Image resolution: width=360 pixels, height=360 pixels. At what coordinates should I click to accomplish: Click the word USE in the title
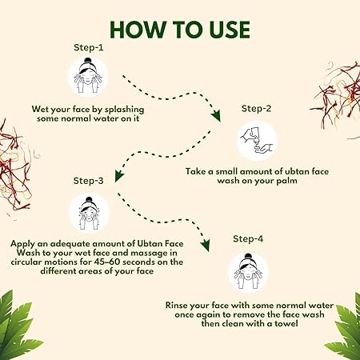230,30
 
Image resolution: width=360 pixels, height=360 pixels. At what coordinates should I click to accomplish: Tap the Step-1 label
89,47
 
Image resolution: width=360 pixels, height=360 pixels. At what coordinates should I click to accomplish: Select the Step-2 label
256,109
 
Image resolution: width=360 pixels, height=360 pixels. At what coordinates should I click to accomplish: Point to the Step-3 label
88,181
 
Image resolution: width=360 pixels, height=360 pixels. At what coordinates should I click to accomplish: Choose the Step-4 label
248,238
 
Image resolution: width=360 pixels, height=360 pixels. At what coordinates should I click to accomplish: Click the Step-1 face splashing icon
88,76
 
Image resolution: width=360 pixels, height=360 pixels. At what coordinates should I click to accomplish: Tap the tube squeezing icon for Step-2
257,141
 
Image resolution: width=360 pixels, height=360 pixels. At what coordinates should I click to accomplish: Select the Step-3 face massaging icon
89,213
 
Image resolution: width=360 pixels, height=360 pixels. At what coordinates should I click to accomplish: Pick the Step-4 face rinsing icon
248,272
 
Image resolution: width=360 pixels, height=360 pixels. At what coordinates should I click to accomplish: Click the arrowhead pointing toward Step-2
216,116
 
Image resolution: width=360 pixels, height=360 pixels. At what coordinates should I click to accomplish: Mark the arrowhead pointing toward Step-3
119,175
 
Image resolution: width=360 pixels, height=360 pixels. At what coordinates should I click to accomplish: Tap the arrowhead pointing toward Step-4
206,245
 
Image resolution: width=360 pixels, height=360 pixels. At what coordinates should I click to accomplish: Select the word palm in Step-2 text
286,181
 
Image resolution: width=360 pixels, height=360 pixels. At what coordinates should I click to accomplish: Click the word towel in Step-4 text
286,324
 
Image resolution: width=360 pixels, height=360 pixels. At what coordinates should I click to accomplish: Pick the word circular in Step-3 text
26,262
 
